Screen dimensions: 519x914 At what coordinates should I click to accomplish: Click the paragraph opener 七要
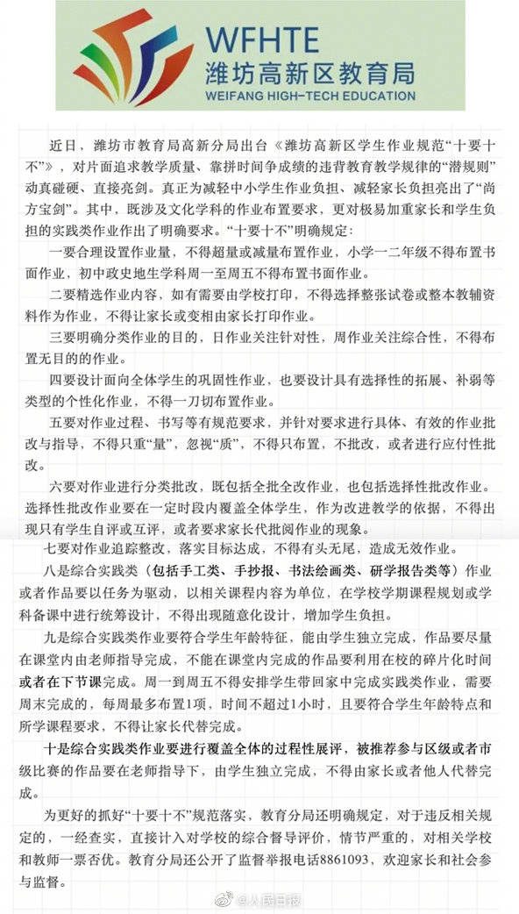coord(57,549)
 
